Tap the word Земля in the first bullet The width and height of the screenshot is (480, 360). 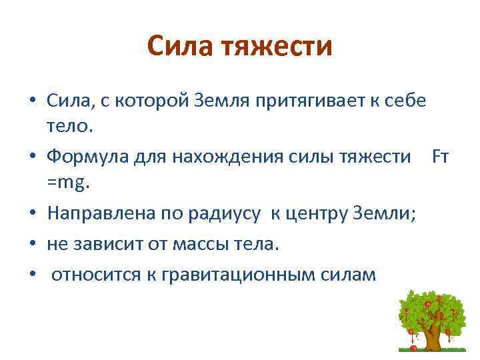tap(218, 100)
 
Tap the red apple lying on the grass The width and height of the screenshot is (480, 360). tap(413, 347)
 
